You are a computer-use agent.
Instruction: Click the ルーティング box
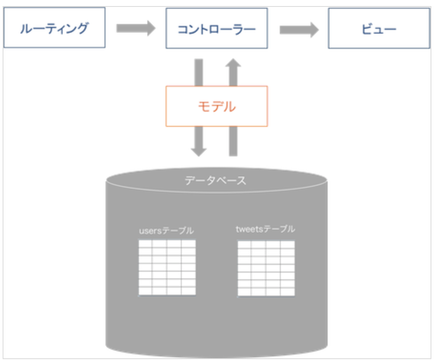(x=54, y=27)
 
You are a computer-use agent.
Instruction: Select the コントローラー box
(x=217, y=28)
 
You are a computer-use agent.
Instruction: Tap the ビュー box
(x=379, y=28)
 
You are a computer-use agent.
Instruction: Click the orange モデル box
(x=217, y=106)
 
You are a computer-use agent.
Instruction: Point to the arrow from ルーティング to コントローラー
(x=136, y=29)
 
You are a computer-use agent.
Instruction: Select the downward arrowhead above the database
(x=199, y=150)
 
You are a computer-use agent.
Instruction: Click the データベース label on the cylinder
(x=215, y=180)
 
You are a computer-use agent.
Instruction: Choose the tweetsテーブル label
(x=266, y=229)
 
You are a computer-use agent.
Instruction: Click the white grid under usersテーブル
(x=167, y=267)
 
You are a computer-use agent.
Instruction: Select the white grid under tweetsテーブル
(x=266, y=268)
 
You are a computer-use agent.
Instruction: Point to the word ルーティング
(x=54, y=29)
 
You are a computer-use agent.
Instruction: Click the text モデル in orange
(x=217, y=106)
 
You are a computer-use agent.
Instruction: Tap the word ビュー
(x=379, y=29)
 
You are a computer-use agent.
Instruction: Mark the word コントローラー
(x=217, y=29)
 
